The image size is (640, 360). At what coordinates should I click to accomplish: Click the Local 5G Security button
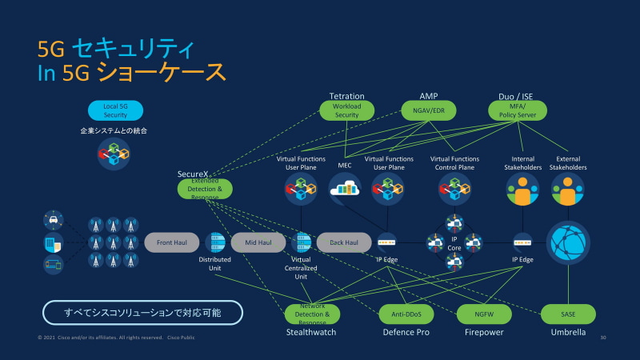pyautogui.click(x=114, y=110)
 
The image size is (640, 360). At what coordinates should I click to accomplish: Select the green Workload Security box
pyautogui.click(x=346, y=110)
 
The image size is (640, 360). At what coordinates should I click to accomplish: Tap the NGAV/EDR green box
pyautogui.click(x=428, y=110)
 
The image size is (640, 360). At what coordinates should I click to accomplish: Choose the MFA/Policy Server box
pyautogui.click(x=516, y=110)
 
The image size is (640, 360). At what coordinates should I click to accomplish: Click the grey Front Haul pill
pyautogui.click(x=171, y=242)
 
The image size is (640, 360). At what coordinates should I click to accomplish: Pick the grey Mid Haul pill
pyautogui.click(x=258, y=242)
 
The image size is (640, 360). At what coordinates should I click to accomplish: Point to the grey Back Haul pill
pyautogui.click(x=344, y=242)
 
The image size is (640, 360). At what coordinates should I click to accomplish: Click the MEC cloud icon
pyautogui.click(x=346, y=189)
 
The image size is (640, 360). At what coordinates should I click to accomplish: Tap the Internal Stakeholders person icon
pyautogui.click(x=522, y=190)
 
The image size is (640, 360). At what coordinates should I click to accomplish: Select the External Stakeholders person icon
pyautogui.click(x=568, y=190)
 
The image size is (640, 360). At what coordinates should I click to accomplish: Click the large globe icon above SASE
pyautogui.click(x=568, y=242)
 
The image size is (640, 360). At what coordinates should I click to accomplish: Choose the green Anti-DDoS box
pyautogui.click(x=406, y=314)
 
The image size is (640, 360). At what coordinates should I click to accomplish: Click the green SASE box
pyautogui.click(x=568, y=314)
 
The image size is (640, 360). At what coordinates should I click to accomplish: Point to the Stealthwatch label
pyautogui.click(x=311, y=332)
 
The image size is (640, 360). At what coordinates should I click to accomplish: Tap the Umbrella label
pyautogui.click(x=568, y=332)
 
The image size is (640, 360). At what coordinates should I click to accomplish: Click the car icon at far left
pyautogui.click(x=53, y=219)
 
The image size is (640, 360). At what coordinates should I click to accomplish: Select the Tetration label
pyautogui.click(x=346, y=96)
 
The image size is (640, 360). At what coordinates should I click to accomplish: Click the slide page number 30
pyautogui.click(x=602, y=338)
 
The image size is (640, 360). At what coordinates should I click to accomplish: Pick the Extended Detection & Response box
pyautogui.click(x=205, y=189)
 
